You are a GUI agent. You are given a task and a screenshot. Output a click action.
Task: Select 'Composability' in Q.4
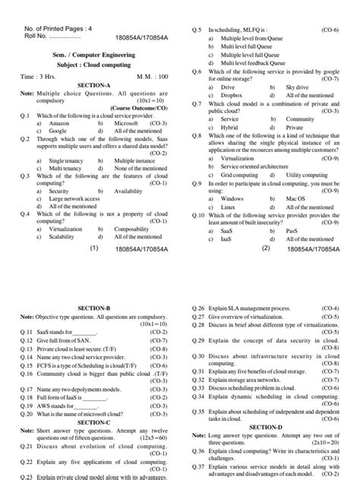pyautogui.click(x=135, y=228)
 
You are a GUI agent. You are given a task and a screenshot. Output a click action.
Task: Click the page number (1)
pyautogui.click(x=95, y=248)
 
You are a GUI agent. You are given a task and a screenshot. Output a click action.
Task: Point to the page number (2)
pyautogui.click(x=267, y=248)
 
